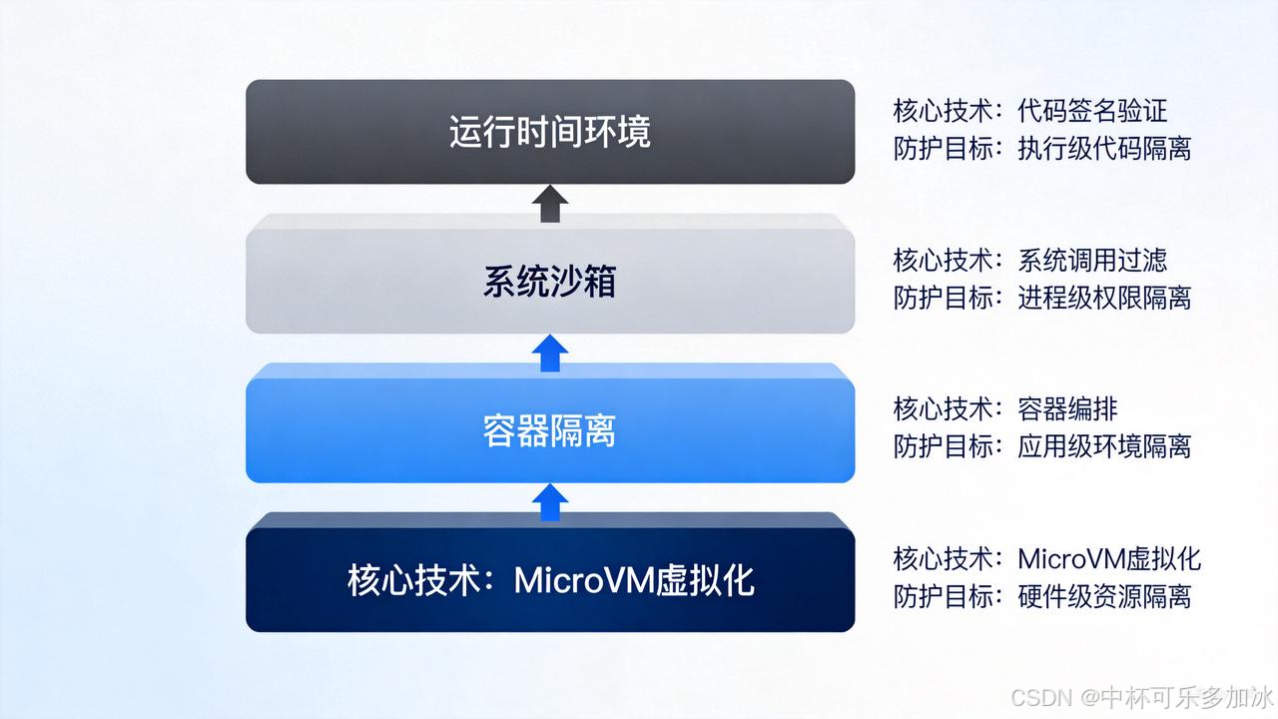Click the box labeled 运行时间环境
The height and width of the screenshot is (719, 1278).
[550, 132]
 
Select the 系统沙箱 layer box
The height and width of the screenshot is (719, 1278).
[550, 282]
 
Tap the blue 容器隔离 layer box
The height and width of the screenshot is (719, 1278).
[550, 431]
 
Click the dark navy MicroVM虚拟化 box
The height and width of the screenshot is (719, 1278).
[550, 580]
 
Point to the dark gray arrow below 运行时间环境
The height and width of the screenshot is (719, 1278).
[550, 205]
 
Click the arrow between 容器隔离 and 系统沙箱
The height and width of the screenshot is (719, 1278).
[550, 354]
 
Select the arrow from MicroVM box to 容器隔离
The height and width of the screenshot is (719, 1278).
[550, 502]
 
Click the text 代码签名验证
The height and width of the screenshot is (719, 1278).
[1092, 111]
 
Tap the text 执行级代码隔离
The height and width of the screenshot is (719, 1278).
[1104, 149]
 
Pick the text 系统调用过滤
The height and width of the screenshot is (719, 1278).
[1092, 261]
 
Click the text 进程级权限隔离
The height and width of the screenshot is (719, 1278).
[1104, 298]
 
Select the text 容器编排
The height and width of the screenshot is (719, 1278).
[1067, 408]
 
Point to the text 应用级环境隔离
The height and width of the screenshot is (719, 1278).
[1104, 446]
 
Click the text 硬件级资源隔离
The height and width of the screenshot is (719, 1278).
[1104, 596]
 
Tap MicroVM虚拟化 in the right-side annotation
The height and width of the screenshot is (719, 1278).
[1109, 558]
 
